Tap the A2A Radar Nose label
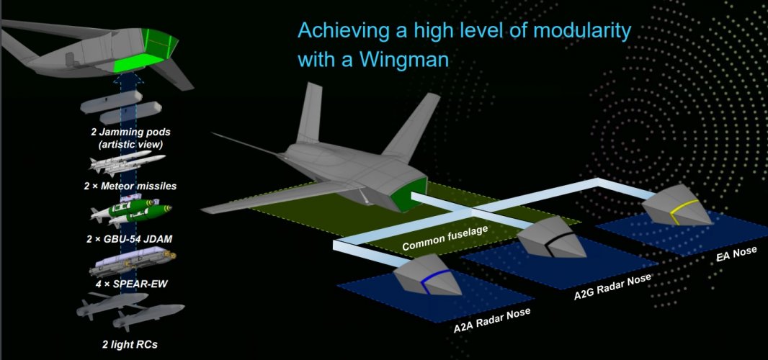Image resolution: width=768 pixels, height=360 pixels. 491,320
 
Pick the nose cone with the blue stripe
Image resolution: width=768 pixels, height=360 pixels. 429,276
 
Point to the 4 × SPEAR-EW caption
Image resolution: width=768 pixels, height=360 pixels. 127,284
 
